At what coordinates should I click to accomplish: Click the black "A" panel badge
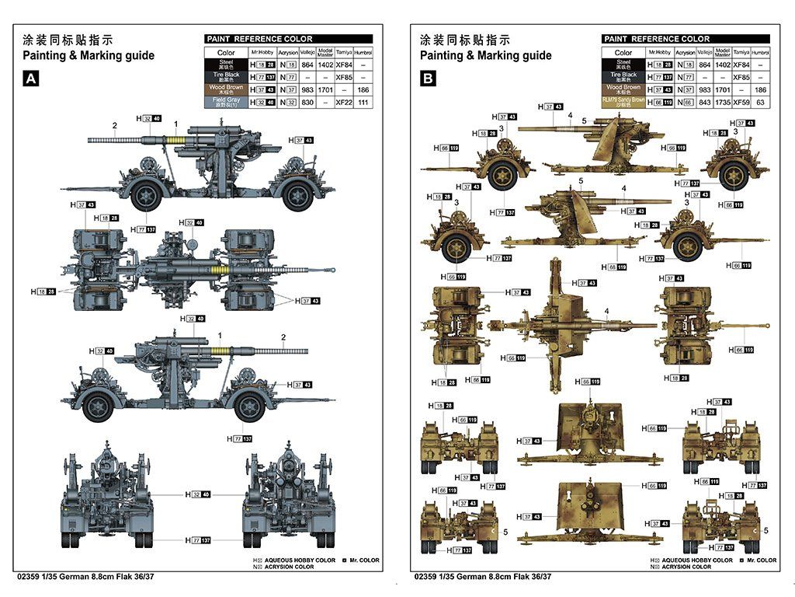(x=31, y=79)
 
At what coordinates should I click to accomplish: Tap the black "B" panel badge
(x=429, y=79)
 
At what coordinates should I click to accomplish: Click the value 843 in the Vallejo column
(x=704, y=102)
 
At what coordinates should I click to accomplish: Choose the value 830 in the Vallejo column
(x=307, y=102)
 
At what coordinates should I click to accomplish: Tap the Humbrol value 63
(x=761, y=102)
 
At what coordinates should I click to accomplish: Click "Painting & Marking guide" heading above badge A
(x=89, y=55)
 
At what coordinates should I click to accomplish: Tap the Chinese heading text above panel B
(x=465, y=40)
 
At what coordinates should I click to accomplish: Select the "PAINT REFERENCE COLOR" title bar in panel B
(x=686, y=39)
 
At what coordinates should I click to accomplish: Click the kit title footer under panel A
(x=84, y=576)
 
